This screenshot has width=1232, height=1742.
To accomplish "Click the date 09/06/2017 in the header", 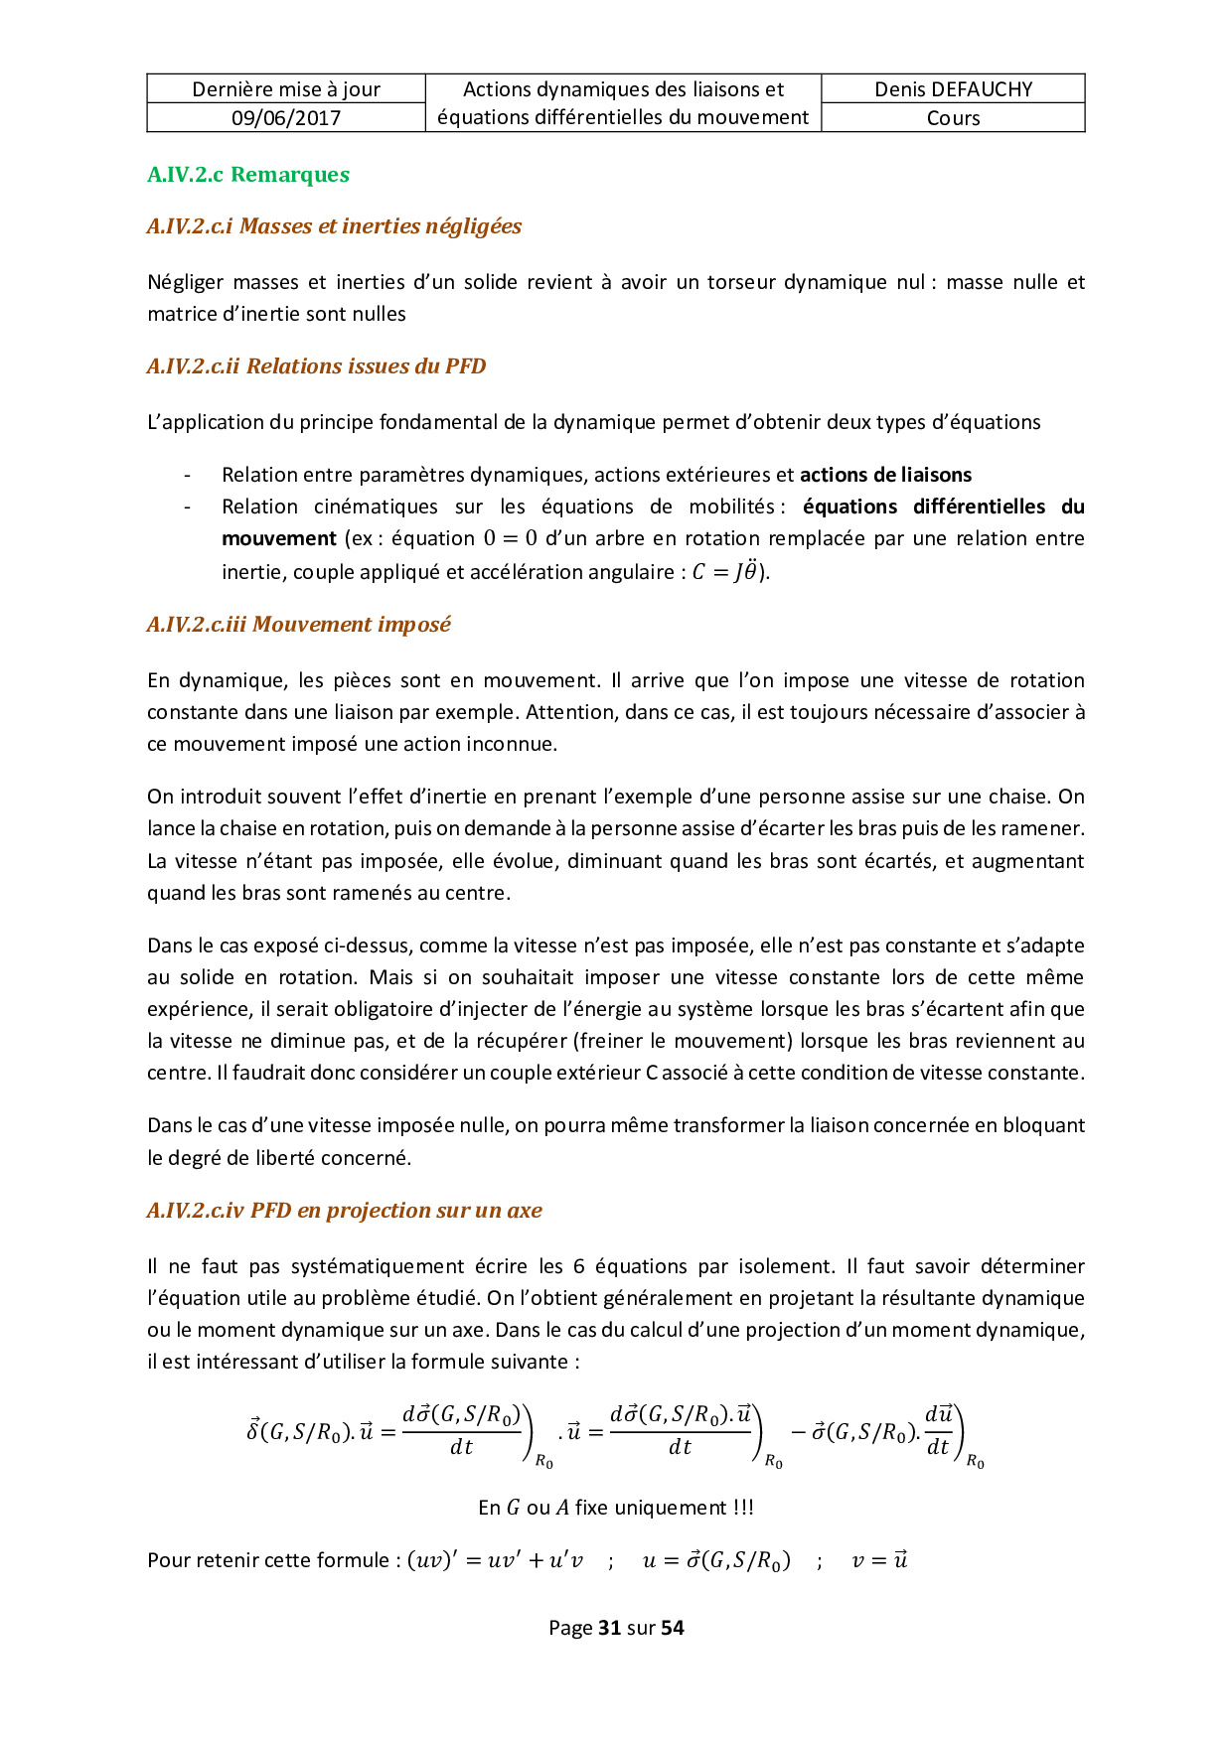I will click(286, 118).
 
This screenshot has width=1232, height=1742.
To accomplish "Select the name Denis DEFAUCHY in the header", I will click(953, 89).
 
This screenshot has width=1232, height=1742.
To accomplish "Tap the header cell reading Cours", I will click(953, 118).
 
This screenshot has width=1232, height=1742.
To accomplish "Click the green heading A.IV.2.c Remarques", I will click(248, 175).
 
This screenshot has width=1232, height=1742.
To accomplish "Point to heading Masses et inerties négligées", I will click(334, 226).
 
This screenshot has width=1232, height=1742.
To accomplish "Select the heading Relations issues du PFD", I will click(317, 366).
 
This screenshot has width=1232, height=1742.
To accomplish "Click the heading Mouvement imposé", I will click(299, 625).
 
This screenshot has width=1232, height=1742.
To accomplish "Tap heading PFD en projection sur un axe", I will click(345, 1211).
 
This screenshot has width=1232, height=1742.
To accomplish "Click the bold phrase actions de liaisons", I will click(885, 475).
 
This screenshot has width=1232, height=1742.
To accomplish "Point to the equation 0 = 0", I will click(510, 538).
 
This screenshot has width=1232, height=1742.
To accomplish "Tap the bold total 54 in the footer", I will click(673, 1628).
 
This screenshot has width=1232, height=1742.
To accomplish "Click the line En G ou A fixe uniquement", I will click(616, 1508).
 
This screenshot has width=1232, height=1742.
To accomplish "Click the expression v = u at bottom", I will click(879, 1560).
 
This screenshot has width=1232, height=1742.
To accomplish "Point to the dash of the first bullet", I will click(187, 475).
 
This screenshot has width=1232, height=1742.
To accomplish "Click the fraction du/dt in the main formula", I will click(938, 1430).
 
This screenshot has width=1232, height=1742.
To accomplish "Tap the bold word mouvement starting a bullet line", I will click(279, 538).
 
